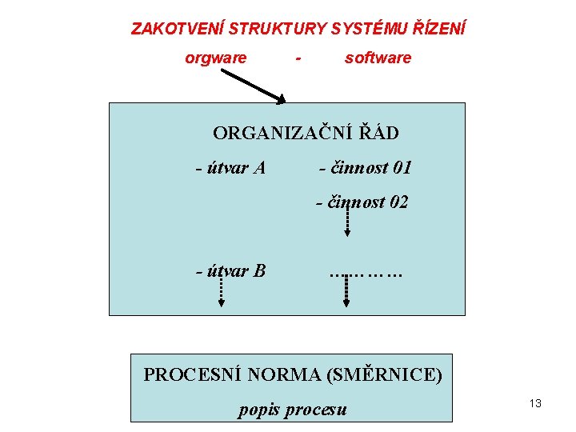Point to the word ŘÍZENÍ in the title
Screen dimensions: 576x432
tap(438, 29)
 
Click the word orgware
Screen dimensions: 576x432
tap(215, 58)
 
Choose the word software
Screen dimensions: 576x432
tap(378, 58)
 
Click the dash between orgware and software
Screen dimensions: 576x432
tap(298, 58)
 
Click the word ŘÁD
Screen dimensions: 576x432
tap(376, 132)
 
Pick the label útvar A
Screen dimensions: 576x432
tap(231, 168)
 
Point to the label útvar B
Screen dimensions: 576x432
tap(231, 270)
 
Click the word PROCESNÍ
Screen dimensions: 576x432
tap(190, 374)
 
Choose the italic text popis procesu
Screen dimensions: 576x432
tap(293, 410)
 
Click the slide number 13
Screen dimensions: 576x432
tap(535, 403)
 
